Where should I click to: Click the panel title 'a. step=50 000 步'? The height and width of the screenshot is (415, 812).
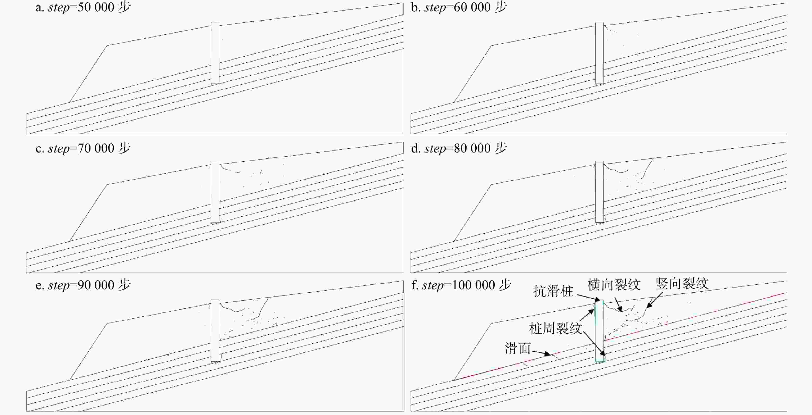click(83, 7)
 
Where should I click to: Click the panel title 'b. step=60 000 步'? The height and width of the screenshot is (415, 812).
click(459, 7)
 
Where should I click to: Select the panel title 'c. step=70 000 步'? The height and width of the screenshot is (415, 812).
click(83, 148)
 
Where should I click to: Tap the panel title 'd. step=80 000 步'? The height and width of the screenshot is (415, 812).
click(459, 148)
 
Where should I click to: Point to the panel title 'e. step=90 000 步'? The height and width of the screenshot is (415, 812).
click(83, 285)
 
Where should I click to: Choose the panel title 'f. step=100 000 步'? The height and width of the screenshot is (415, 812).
click(461, 285)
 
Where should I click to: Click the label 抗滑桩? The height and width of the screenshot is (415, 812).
click(553, 291)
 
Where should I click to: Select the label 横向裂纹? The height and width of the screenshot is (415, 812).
click(614, 285)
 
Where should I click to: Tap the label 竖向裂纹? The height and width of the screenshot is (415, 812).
click(682, 284)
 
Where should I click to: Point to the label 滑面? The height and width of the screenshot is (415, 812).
click(518, 349)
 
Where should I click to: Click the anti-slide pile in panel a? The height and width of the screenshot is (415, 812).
click(215, 53)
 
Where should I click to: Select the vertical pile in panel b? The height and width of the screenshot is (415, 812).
click(600, 53)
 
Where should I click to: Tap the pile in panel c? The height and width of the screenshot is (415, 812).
click(215, 192)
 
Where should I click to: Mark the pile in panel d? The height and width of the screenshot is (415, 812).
click(600, 192)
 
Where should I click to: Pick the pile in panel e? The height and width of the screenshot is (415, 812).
click(215, 331)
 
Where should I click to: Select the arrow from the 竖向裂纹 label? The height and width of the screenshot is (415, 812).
click(654, 300)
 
